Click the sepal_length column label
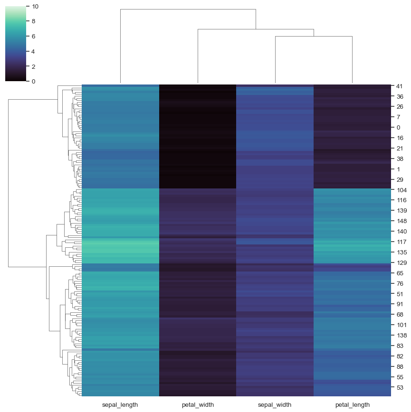tap(120, 405)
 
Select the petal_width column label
tap(198, 405)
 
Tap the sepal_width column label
tap(275, 405)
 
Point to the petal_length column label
tap(352, 405)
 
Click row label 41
tap(399, 86)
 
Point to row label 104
tap(401, 190)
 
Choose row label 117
tap(401, 242)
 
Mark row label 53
tap(399, 387)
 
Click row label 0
tap(398, 128)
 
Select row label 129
tap(401, 262)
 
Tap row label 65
tap(399, 273)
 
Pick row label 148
tap(401, 221)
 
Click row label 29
tap(399, 179)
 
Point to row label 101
tap(401, 325)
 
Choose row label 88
tap(399, 366)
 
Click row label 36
tap(399, 96)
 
